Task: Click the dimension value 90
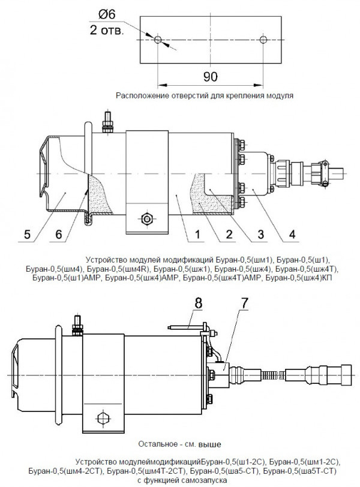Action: click(x=210, y=77)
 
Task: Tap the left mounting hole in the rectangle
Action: click(x=158, y=40)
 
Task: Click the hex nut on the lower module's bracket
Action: click(x=101, y=419)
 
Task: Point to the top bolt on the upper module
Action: click(x=108, y=122)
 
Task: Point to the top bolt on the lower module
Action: click(x=77, y=325)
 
